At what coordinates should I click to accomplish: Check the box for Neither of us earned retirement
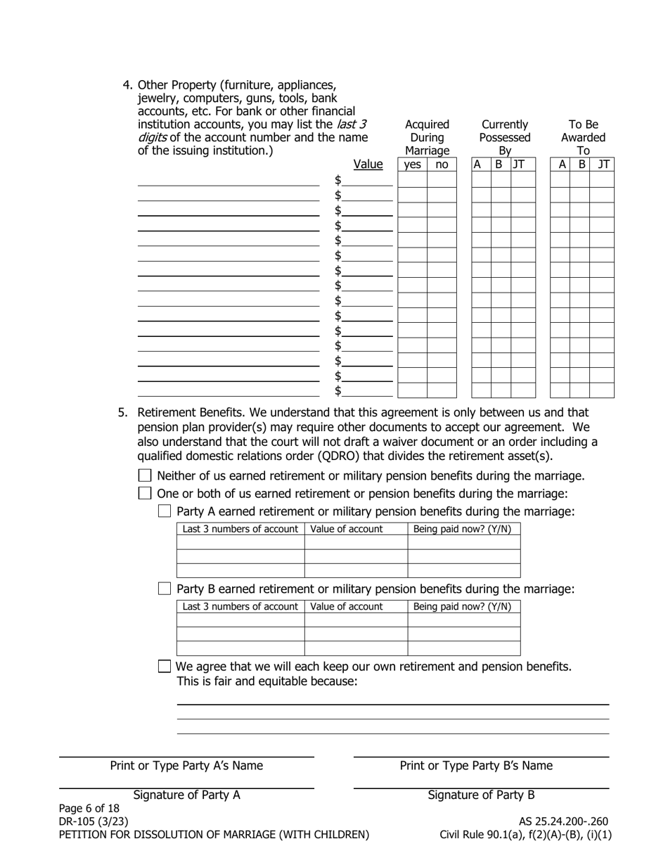[145, 476]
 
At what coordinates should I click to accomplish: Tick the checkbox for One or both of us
[145, 494]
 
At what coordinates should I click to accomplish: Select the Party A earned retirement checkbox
[165, 511]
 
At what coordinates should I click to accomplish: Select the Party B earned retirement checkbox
[165, 589]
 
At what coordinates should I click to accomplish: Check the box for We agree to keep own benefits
[165, 666]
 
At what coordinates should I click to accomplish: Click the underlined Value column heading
[368, 165]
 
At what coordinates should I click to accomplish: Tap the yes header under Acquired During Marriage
[413, 165]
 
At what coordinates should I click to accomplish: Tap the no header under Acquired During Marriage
[442, 165]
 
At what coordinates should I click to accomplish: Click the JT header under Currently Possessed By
[519, 165]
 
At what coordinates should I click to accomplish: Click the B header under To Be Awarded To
[582, 165]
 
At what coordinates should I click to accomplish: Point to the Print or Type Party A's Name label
[186, 766]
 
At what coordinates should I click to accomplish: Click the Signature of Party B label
[481, 795]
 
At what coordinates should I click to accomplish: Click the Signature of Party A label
[186, 795]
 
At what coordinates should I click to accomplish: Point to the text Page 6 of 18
[89, 809]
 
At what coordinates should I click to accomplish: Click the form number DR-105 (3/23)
[94, 821]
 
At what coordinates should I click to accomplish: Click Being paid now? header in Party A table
[462, 529]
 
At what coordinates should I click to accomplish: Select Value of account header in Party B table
[347, 606]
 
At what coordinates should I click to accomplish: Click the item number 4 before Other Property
[127, 85]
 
